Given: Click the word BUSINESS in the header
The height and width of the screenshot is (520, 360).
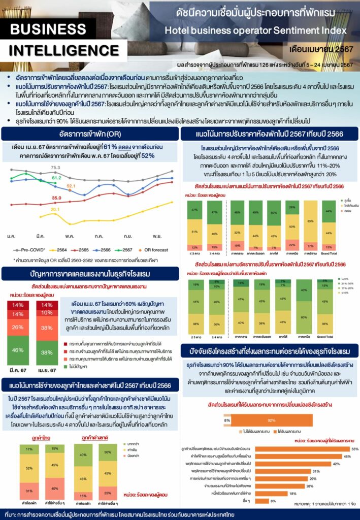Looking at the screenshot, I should [48, 29].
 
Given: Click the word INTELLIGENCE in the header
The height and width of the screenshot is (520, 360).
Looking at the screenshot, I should [56, 51].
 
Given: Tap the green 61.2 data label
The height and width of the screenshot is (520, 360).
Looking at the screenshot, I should [56, 178].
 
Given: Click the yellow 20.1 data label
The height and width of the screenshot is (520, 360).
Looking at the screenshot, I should [55, 209].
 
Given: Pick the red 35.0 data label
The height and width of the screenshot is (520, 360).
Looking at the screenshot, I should [56, 198].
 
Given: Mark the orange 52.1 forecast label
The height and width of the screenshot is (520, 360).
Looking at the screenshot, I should [71, 186].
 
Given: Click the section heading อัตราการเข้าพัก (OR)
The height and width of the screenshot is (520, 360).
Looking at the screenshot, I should [89, 134].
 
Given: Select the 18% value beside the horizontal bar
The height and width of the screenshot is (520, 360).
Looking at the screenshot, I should [292, 493].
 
